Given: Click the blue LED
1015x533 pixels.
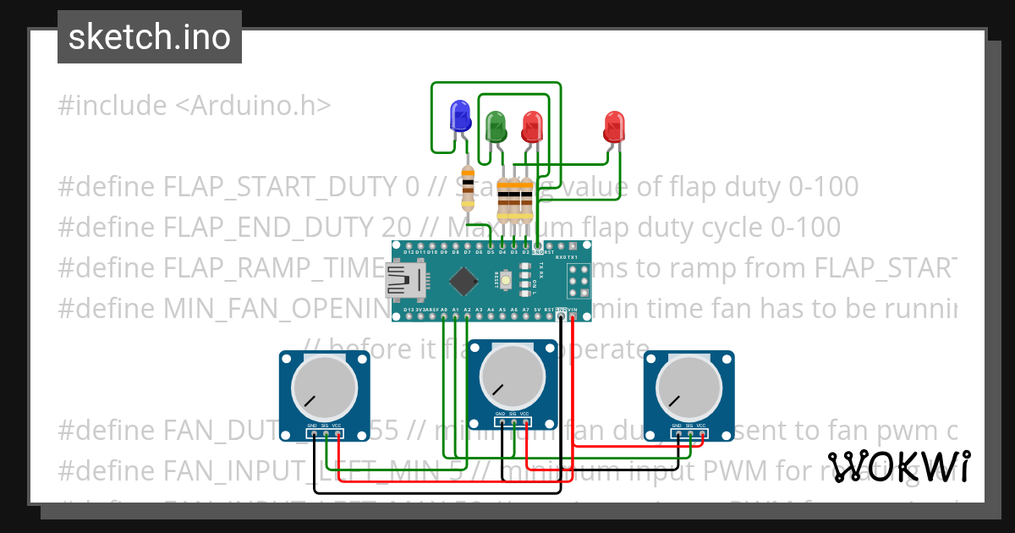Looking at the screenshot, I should click(460, 116).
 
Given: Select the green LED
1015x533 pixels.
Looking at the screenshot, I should click(496, 126).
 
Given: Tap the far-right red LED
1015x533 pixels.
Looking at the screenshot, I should click(615, 126).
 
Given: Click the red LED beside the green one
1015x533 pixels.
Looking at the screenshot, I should click(532, 126).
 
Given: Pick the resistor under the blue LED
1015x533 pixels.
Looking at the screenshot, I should click(467, 188).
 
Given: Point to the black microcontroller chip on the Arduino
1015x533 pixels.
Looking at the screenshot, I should click(464, 280).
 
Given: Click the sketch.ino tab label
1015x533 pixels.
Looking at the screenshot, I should click(150, 37).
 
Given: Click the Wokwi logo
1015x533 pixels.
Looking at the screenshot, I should click(898, 467).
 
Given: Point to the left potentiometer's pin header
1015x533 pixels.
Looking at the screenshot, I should click(325, 435).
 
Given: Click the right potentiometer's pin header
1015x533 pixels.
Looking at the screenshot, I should click(689, 435).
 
